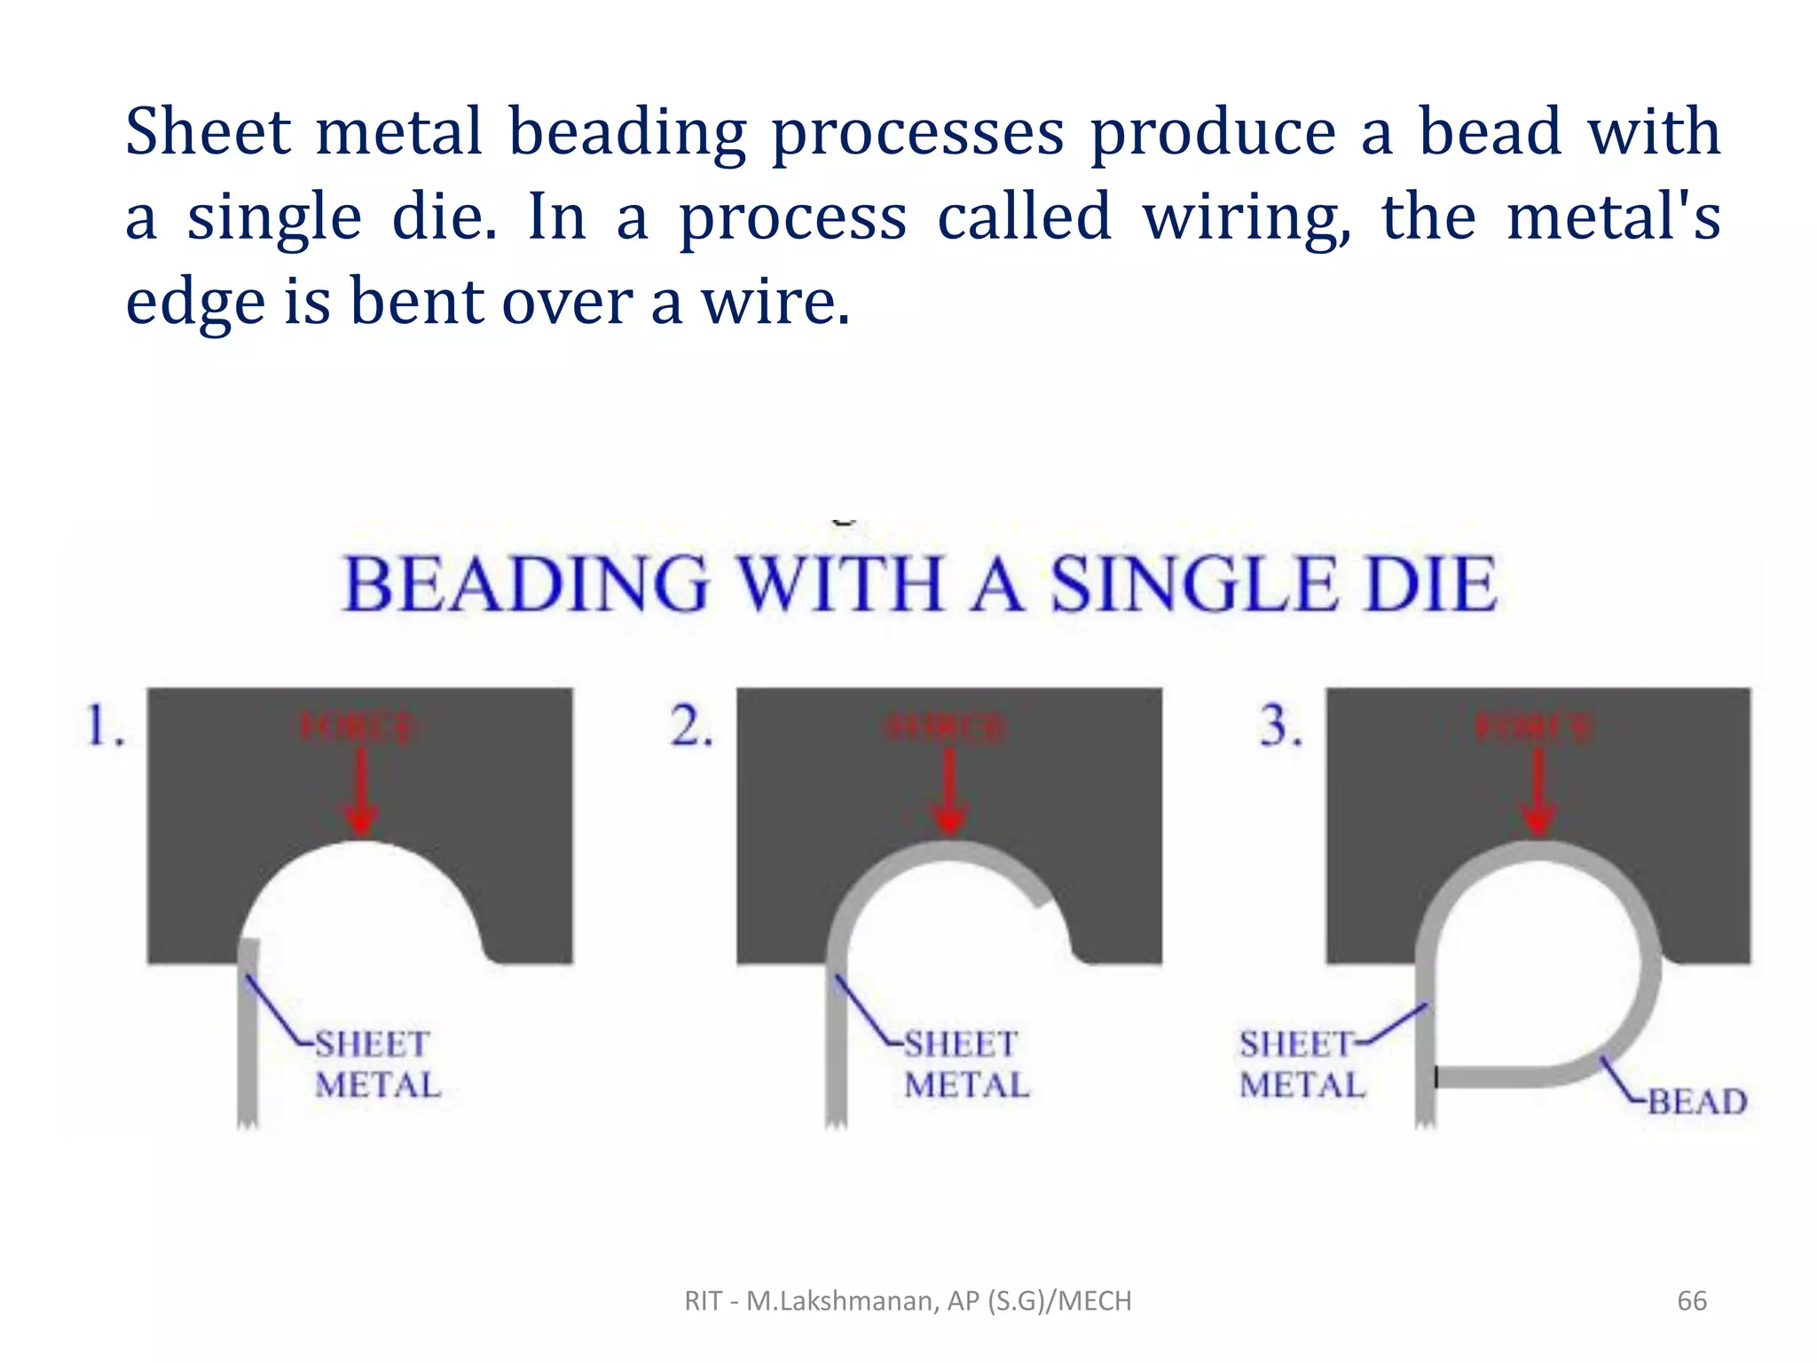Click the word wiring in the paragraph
1246,217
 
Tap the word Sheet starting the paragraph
208,131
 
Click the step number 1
104,726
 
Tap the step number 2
691,726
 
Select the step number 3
1280,726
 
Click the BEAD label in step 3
1696,1101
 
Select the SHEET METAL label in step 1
376,1064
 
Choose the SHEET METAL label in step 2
965,1064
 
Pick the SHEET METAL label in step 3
1301,1064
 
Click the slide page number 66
1691,1301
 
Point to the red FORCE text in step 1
358,729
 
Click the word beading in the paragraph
627,131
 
